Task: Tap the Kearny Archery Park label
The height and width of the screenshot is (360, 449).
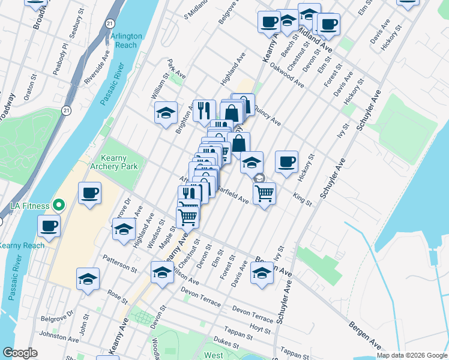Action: pyautogui.click(x=115, y=162)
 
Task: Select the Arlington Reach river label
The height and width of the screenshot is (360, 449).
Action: pyautogui.click(x=127, y=41)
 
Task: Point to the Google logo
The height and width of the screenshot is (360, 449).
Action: pyautogui.click(x=20, y=353)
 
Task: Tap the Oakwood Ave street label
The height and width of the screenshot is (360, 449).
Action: pyautogui.click(x=287, y=75)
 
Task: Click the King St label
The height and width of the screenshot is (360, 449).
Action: pyautogui.click(x=303, y=198)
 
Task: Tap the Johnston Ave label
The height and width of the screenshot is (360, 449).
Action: pyautogui.click(x=58, y=338)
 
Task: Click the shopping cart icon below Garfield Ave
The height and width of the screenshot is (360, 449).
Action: pyautogui.click(x=264, y=193)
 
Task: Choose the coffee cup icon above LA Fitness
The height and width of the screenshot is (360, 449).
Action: pyautogui.click(x=89, y=193)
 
